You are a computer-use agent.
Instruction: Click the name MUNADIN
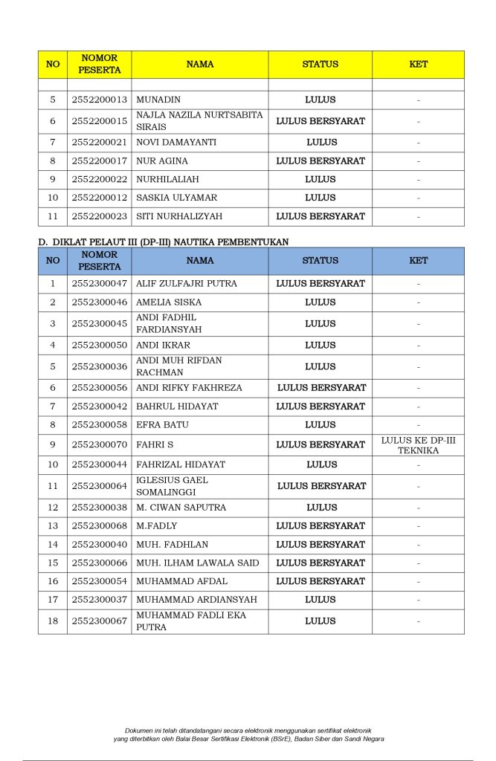[158, 100]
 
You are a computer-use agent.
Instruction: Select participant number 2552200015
[99, 120]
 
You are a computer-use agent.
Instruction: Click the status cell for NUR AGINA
[321, 161]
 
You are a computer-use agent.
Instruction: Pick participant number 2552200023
[99, 216]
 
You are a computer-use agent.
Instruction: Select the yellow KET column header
[418, 64]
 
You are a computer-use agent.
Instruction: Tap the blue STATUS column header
[321, 261]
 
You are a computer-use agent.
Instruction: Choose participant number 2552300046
[99, 302]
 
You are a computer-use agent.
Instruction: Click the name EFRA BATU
[162, 425]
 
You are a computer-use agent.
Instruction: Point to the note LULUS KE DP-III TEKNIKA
[418, 444]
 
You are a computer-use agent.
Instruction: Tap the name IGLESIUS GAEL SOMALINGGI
[172, 486]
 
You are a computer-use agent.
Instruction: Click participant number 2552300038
[99, 508]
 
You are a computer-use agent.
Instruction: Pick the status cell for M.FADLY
[321, 525]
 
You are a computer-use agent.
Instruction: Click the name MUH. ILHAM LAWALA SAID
[197, 563]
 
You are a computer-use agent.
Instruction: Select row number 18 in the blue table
[53, 621]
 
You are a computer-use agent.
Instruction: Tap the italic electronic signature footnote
[248, 734]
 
